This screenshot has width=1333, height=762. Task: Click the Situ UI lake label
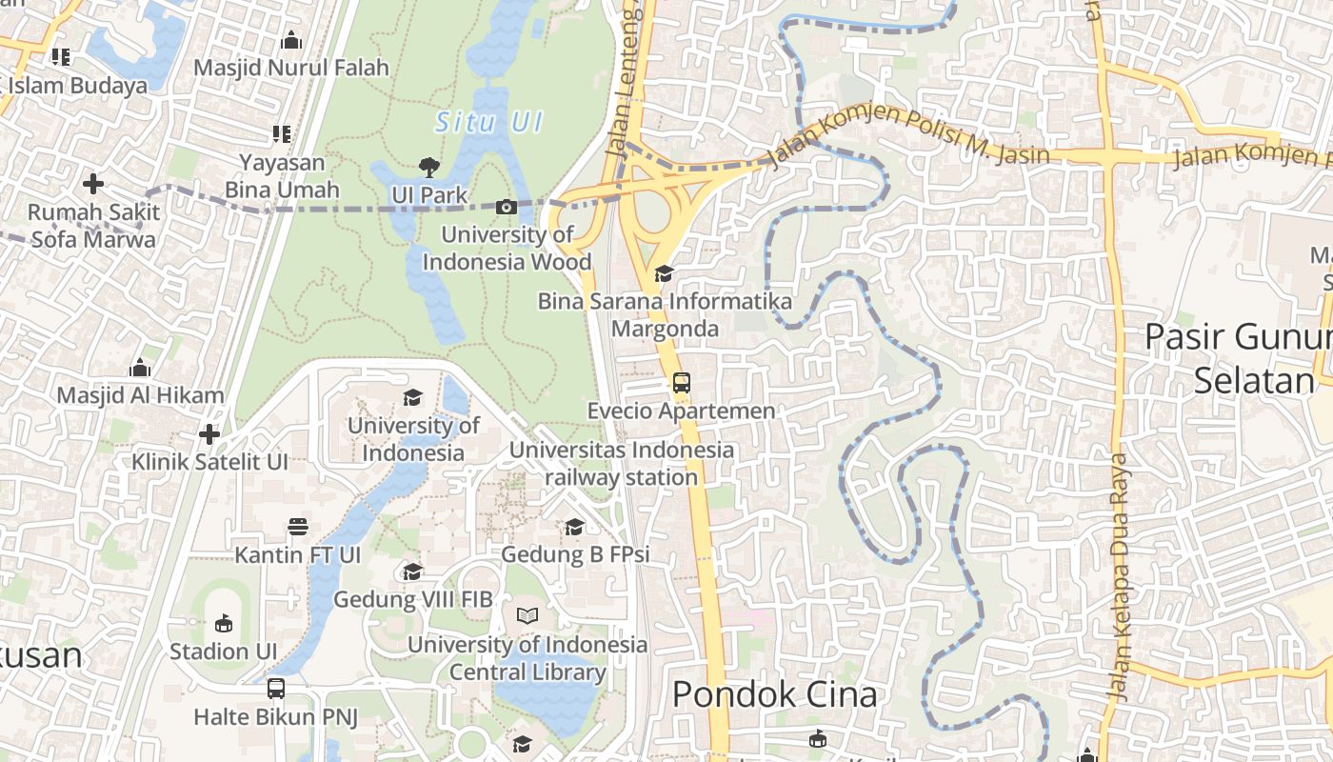click(x=488, y=122)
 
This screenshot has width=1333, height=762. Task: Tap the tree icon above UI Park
click(x=429, y=168)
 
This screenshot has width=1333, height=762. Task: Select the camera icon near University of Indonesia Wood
click(x=507, y=207)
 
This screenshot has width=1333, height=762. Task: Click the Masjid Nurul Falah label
click(x=291, y=68)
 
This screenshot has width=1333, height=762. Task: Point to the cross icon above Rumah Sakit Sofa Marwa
click(x=93, y=183)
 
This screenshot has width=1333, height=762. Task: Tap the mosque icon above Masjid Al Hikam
click(x=140, y=368)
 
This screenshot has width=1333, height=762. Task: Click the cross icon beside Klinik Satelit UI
click(x=209, y=435)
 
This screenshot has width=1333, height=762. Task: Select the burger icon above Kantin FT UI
click(x=298, y=527)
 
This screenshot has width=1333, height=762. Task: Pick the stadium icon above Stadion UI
click(x=223, y=624)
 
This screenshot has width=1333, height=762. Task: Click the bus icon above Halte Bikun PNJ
click(x=276, y=688)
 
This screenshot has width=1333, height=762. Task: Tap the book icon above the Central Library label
click(x=527, y=616)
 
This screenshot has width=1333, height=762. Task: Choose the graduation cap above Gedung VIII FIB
click(x=412, y=571)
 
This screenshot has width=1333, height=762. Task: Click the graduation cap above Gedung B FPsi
click(x=574, y=527)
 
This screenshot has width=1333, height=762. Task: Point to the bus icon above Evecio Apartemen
click(x=681, y=383)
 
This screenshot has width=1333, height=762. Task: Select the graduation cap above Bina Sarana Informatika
click(x=664, y=274)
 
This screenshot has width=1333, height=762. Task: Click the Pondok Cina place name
click(x=774, y=694)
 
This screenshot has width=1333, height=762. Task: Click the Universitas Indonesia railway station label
click(x=622, y=463)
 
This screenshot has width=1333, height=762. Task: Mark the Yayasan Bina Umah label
click(x=282, y=176)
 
